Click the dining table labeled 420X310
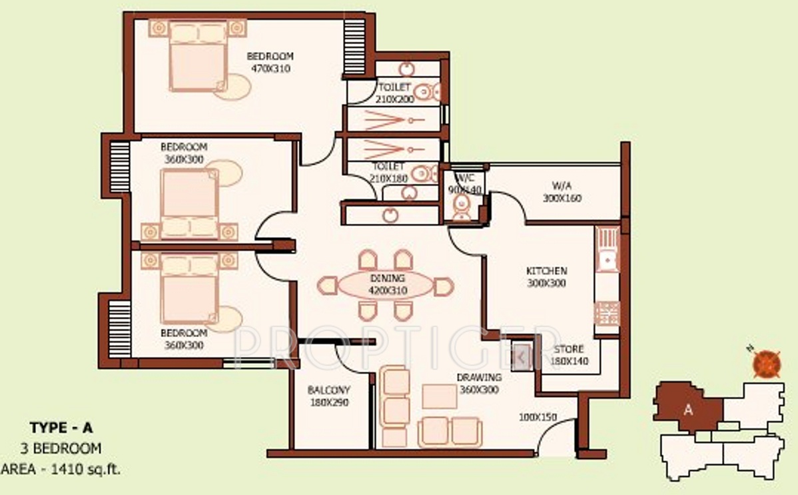[x=386, y=284]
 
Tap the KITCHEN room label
[x=546, y=271]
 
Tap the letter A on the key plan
[x=688, y=410]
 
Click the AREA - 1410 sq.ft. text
[x=61, y=469]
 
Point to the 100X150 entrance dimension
[x=538, y=418]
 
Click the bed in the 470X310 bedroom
[x=198, y=56]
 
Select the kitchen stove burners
[x=607, y=312]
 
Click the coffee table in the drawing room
[x=439, y=396]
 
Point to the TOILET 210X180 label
[x=388, y=172]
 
